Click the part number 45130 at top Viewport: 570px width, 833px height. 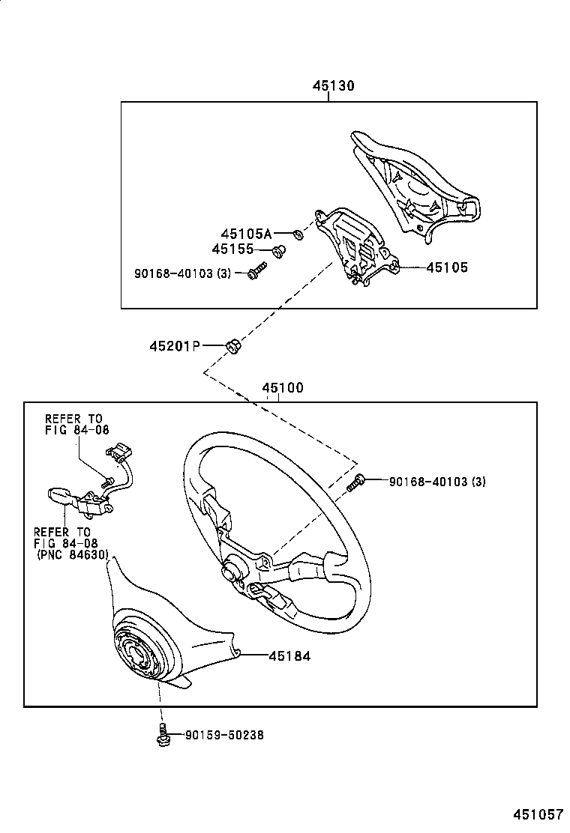pyautogui.click(x=333, y=86)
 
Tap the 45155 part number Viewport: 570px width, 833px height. pyautogui.click(x=233, y=249)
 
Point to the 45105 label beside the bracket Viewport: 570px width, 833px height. pyautogui.click(x=447, y=267)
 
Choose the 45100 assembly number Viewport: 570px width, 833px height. pyautogui.click(x=283, y=388)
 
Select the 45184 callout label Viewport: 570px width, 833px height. pyautogui.click(x=289, y=655)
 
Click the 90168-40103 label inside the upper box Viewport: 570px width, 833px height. pyautogui.click(x=183, y=274)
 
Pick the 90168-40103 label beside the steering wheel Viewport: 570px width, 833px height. pyautogui.click(x=437, y=482)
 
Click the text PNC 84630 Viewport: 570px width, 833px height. pyautogui.click(x=73, y=555)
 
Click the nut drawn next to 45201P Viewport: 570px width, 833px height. pyautogui.click(x=232, y=346)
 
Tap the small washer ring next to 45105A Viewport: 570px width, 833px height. pyautogui.click(x=298, y=235)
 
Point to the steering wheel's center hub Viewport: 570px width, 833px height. pyautogui.click(x=231, y=572)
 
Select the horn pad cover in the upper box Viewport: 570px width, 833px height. pyautogui.click(x=420, y=187)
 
